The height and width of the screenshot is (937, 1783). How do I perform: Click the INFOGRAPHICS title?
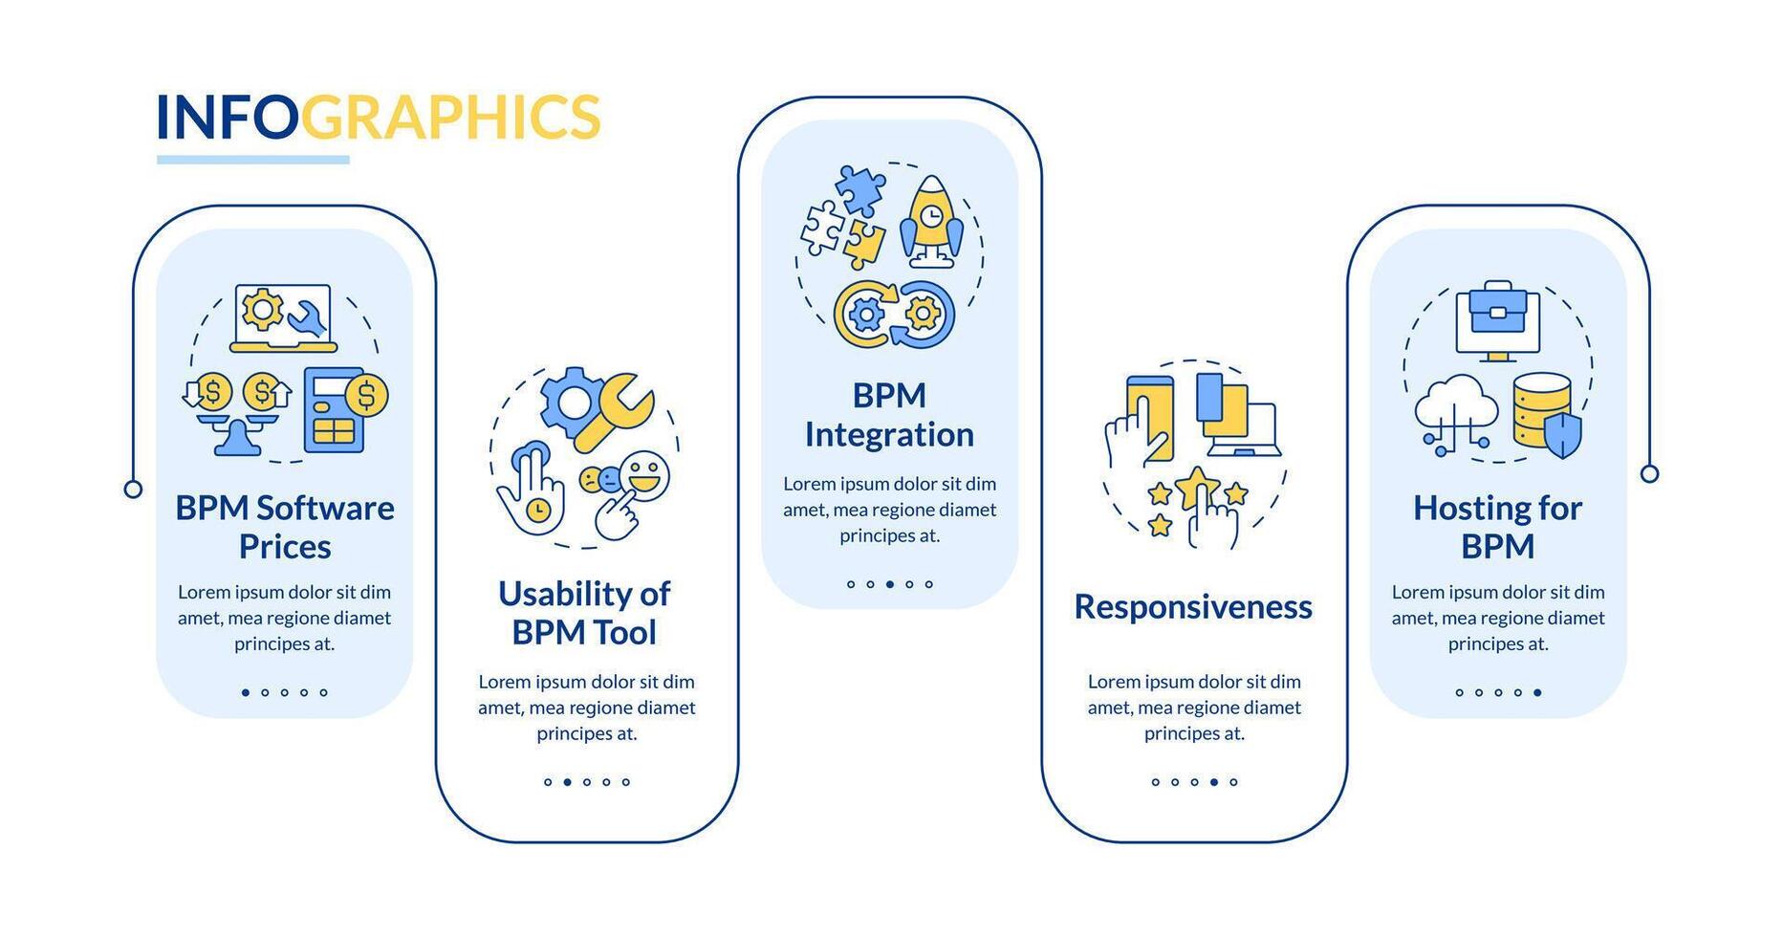point(378,117)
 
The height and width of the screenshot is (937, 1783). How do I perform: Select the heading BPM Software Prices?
point(285,527)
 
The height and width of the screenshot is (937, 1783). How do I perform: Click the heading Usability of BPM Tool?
point(584,613)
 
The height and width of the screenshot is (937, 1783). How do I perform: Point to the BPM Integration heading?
point(889,415)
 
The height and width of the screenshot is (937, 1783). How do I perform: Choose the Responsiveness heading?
point(1193,607)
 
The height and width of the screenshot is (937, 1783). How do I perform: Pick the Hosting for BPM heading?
point(1497,527)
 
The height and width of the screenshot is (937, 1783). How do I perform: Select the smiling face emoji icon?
point(644,475)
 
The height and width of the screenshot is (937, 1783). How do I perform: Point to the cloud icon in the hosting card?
point(1455,406)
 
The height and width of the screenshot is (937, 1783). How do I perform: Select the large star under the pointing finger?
point(1196,487)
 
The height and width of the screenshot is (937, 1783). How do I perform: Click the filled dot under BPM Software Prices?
point(246,692)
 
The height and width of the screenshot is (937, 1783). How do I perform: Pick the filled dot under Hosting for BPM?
point(1537,692)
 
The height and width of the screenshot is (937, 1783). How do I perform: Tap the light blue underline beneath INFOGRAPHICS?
point(253,160)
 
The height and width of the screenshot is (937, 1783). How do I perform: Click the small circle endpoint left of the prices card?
point(134,490)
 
